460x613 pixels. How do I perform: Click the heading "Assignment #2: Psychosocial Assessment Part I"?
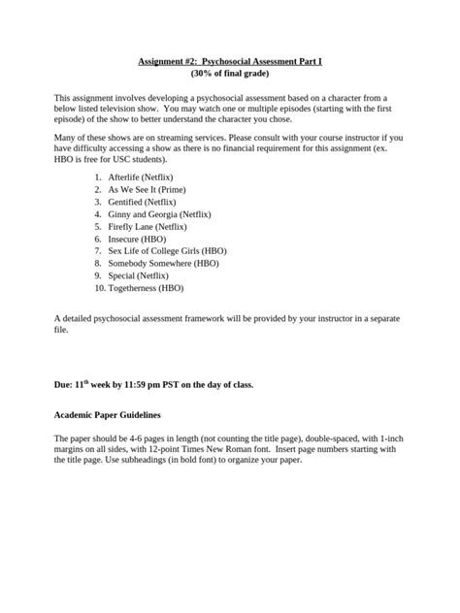tap(229, 62)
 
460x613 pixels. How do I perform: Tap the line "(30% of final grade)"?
tap(229, 74)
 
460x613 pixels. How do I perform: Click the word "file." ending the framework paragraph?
tap(61, 330)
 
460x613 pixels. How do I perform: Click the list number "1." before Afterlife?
tap(99, 178)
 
